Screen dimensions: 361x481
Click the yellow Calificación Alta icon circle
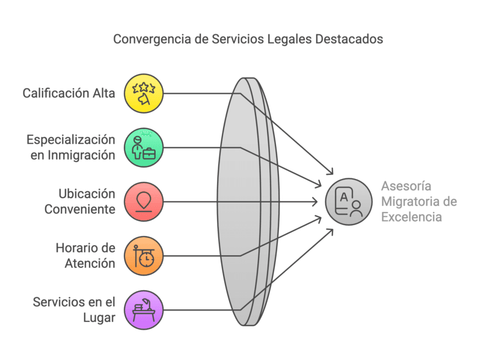point(144,93)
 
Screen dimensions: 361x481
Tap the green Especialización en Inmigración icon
point(144,147)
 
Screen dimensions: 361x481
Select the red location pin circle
point(144,201)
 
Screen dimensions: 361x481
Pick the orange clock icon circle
point(144,255)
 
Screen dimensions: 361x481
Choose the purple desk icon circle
point(144,309)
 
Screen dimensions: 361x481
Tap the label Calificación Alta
point(69,93)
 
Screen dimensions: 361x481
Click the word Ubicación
point(87,193)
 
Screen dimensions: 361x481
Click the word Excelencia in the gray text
point(411,216)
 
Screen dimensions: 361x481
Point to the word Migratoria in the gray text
point(406,201)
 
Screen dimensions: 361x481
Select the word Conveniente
point(79,209)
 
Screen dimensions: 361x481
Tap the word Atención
point(90,263)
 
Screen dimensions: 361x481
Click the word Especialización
point(70,139)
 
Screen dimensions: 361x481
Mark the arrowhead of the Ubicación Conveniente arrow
point(317,201)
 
